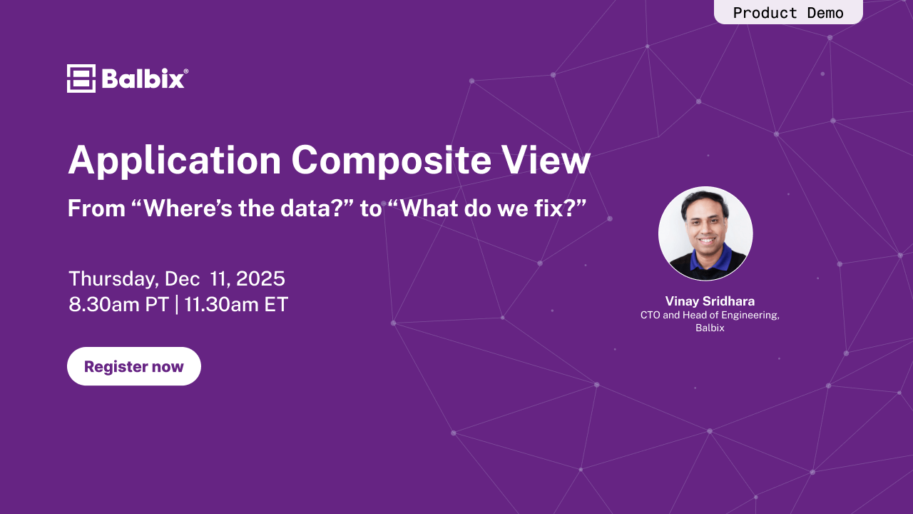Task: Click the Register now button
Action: pyautogui.click(x=134, y=366)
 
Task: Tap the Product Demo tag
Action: pyautogui.click(x=788, y=12)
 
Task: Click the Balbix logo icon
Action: pyautogui.click(x=81, y=79)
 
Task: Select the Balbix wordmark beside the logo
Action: pyautogui.click(x=145, y=79)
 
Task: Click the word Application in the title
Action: pyautogui.click(x=175, y=161)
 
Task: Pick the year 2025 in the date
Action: pyautogui.click(x=260, y=278)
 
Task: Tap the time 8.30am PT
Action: pyautogui.click(x=118, y=305)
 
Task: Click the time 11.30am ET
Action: pyautogui.click(x=236, y=305)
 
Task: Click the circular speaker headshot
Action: pyautogui.click(x=705, y=233)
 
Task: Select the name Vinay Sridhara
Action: pyautogui.click(x=710, y=301)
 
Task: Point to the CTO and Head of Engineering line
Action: pyautogui.click(x=710, y=315)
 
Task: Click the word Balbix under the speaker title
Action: pyautogui.click(x=710, y=328)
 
